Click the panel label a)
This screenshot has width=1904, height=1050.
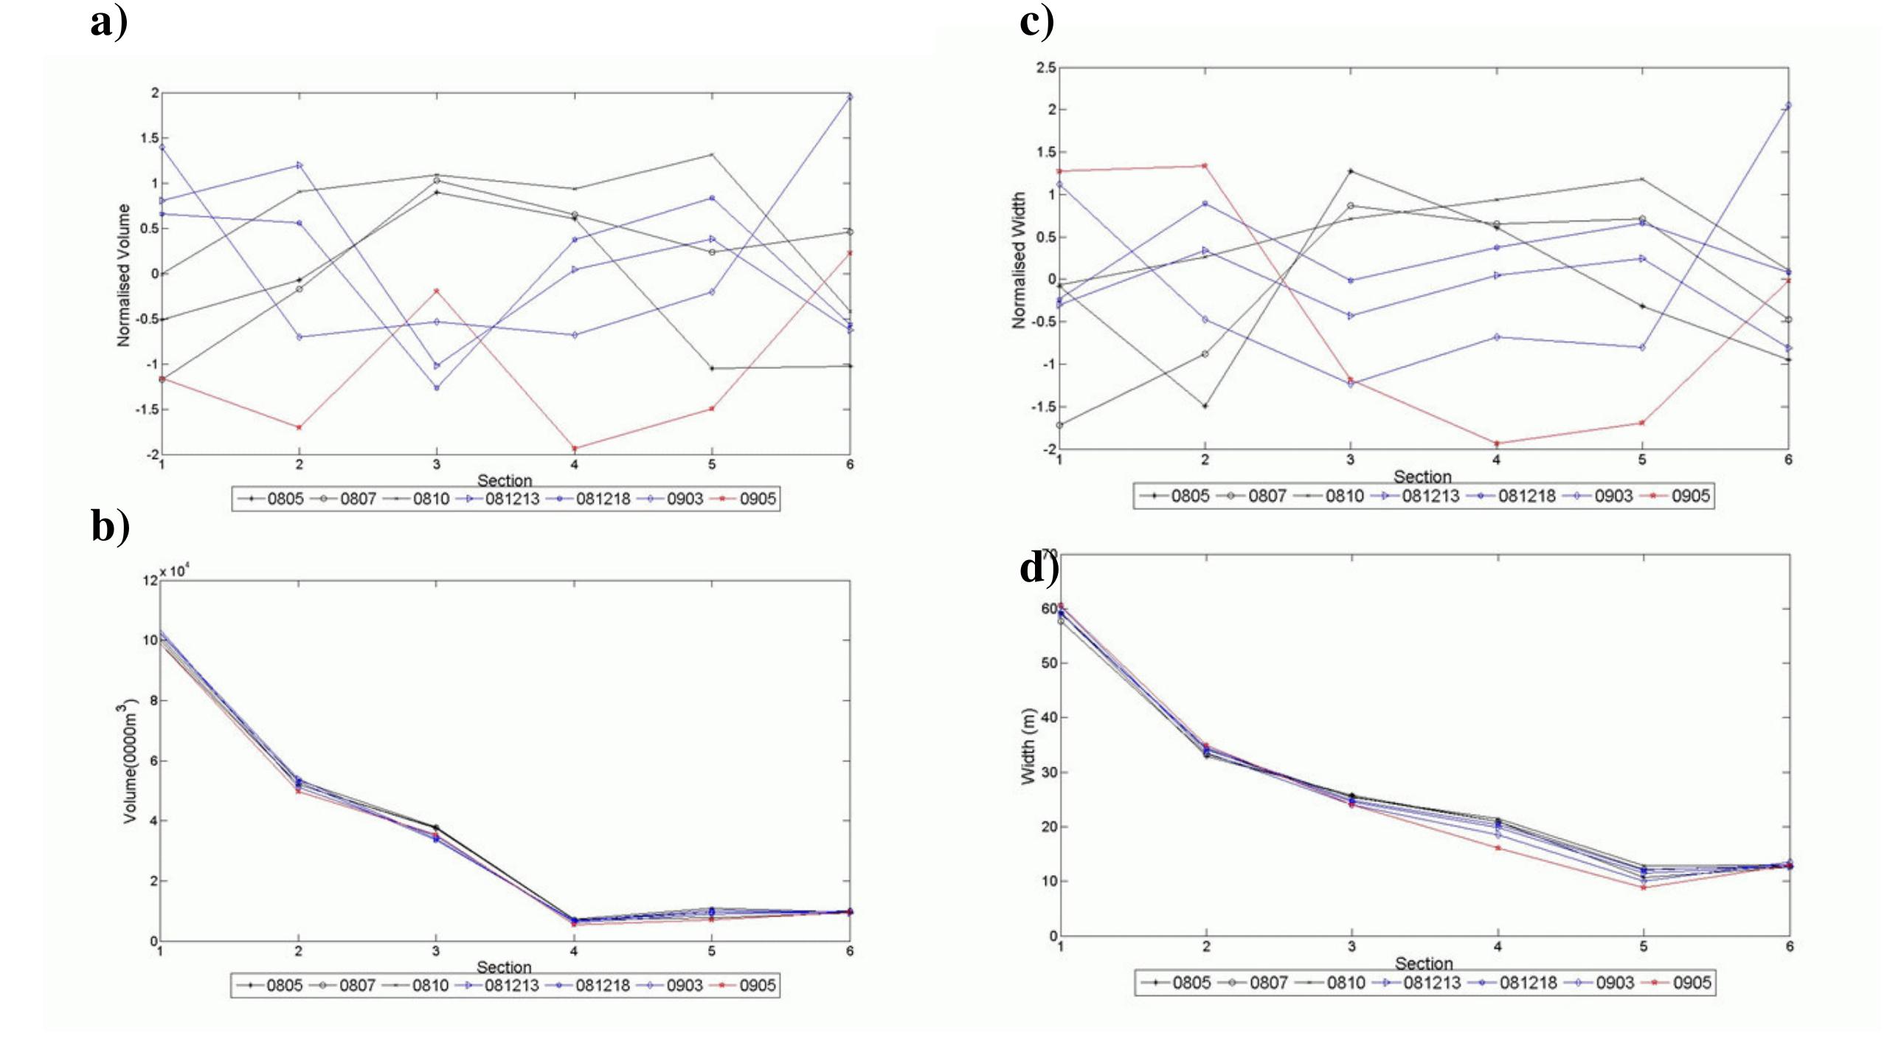109,22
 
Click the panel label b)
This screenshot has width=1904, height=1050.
111,527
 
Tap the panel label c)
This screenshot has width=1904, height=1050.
1037,22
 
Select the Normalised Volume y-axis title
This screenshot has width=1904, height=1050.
123,275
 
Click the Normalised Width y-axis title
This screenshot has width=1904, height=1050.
1019,260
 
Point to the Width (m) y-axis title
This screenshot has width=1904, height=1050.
1028,747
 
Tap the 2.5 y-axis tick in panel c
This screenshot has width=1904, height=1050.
1046,68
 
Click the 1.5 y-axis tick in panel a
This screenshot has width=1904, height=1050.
150,138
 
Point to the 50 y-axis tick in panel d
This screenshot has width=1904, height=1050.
1050,663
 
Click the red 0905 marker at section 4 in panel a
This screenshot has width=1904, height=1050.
575,448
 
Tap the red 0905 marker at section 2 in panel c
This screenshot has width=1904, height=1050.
1205,165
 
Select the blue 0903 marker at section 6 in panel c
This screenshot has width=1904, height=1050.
1788,106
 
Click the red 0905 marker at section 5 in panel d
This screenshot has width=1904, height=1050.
1643,888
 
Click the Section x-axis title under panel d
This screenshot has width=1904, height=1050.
1424,964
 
